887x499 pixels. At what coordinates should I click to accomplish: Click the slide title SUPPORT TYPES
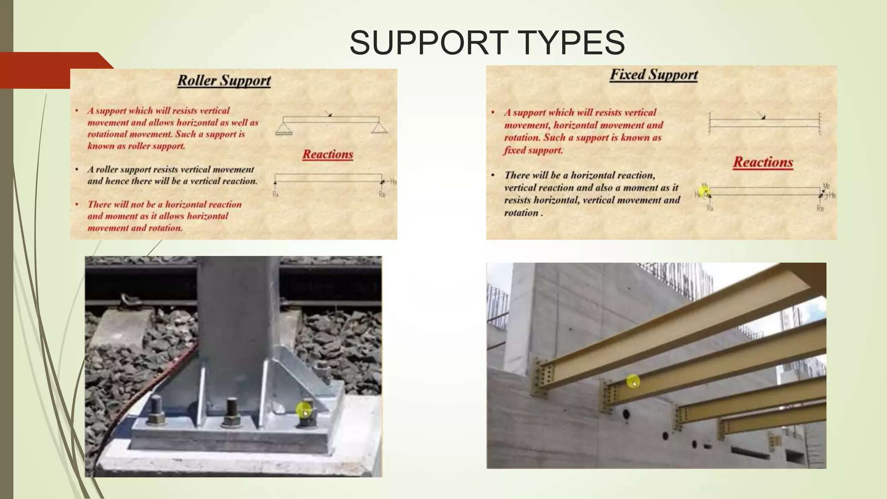click(487, 42)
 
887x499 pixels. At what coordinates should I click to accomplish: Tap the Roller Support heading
click(224, 81)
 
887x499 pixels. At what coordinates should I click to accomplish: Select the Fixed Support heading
click(654, 75)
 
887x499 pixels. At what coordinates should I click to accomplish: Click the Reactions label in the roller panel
click(328, 155)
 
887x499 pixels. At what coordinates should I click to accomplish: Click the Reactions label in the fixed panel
click(763, 162)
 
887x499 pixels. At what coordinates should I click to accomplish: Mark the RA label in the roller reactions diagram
click(275, 194)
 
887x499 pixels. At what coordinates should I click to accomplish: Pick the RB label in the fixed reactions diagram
click(820, 208)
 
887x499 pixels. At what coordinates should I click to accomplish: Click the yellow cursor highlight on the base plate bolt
click(304, 410)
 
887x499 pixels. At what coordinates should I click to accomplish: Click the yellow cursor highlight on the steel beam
click(633, 382)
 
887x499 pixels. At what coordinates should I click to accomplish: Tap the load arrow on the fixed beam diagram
click(761, 116)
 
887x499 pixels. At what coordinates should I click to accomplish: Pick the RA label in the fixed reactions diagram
click(710, 208)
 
